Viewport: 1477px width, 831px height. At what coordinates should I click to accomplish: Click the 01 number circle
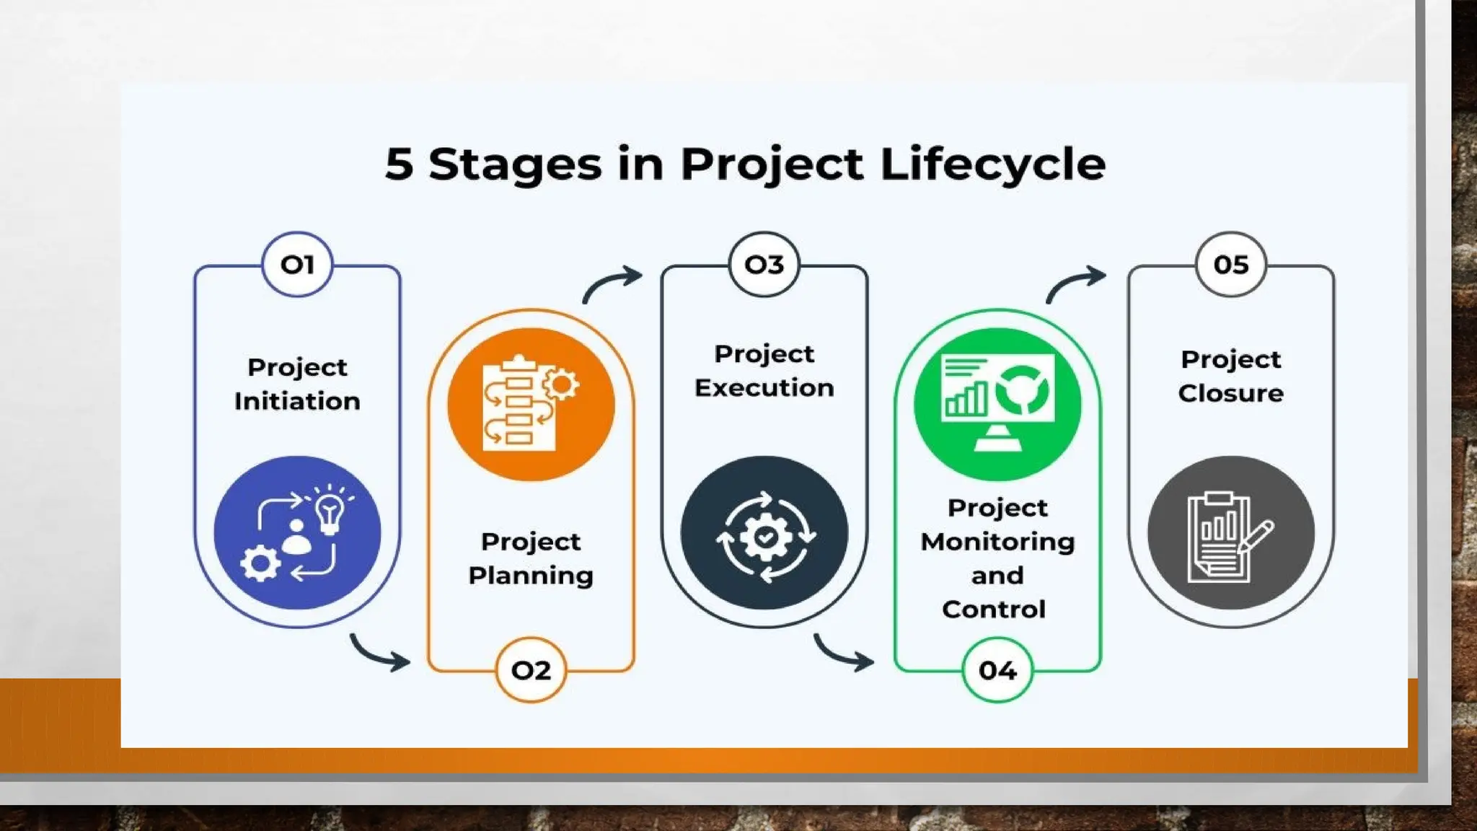pos(297,264)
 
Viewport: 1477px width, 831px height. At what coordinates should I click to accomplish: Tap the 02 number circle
pos(531,670)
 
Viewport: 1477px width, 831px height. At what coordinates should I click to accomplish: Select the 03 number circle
pos(764,264)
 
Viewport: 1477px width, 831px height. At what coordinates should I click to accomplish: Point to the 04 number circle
pos(997,670)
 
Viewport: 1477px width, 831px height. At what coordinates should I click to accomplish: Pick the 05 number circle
pos(1230,264)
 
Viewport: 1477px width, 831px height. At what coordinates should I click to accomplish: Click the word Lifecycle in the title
pos(992,164)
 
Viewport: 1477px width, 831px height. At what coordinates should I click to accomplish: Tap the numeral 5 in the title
pos(399,164)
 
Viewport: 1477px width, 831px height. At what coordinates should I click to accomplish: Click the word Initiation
pos(297,401)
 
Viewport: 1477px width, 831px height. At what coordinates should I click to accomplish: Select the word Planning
pos(531,576)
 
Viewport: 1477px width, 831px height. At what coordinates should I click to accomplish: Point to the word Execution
pos(764,388)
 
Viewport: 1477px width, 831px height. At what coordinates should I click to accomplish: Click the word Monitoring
pos(997,542)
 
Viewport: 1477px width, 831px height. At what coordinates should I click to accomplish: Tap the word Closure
pos(1230,393)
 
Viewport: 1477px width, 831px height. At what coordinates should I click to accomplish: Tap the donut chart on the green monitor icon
pos(1022,390)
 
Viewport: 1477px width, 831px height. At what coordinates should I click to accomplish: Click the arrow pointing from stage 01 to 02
pos(381,653)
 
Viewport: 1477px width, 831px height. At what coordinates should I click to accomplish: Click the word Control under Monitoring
pos(994,610)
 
